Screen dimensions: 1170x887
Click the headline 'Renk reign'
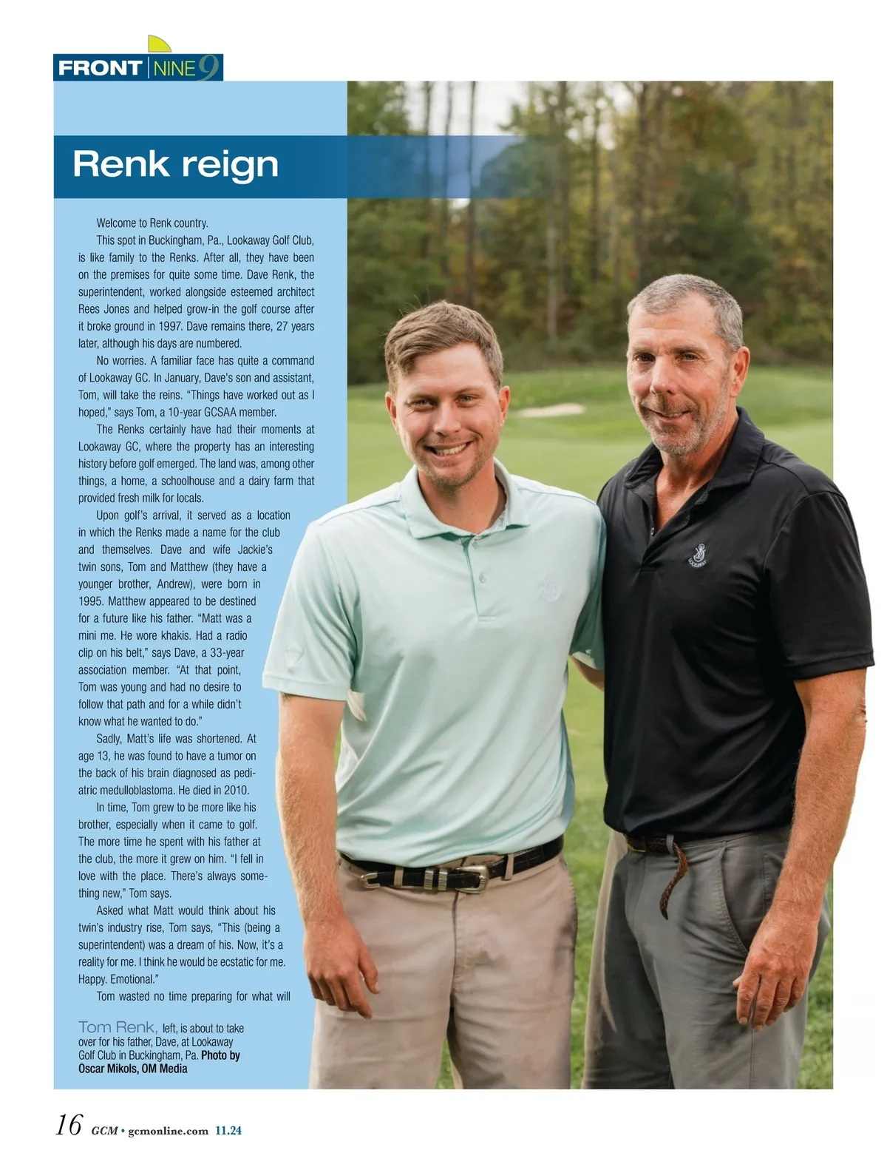[x=175, y=164]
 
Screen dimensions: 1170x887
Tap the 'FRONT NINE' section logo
[x=138, y=68]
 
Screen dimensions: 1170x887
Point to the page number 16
[x=69, y=1126]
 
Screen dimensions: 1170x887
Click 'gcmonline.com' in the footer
[x=169, y=1131]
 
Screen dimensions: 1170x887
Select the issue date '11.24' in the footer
[x=228, y=1131]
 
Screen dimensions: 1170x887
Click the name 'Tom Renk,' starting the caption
[x=118, y=1027]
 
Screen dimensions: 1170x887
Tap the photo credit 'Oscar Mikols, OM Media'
[x=133, y=1069]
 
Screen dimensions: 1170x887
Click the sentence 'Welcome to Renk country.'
[x=152, y=223]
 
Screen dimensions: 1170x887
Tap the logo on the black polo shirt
[x=696, y=555]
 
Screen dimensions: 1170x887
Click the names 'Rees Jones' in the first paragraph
[x=103, y=309]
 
